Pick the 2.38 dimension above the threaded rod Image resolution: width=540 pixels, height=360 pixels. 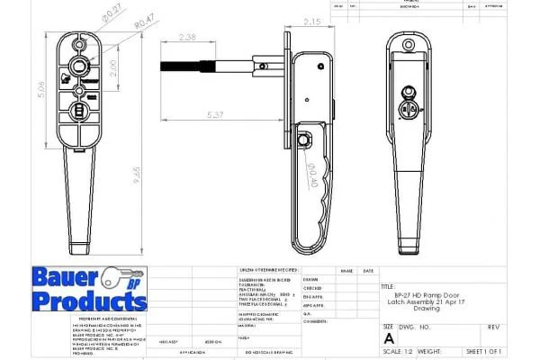(188, 38)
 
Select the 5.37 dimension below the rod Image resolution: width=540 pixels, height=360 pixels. (216, 116)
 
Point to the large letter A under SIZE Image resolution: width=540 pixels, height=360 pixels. (389, 337)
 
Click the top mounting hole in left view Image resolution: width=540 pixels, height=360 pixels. (81, 43)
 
